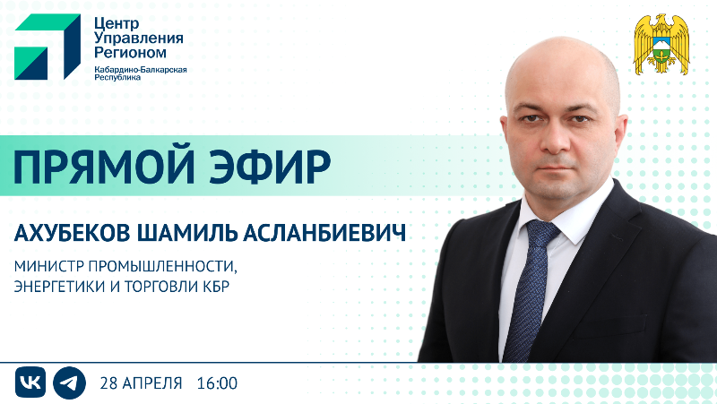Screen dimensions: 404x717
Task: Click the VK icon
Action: point(30,383)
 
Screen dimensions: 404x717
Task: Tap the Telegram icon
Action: point(68,383)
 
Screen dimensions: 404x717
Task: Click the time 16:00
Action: point(216,383)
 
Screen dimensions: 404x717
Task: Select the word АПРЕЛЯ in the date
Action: point(151,383)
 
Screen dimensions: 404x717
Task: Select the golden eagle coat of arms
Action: point(661,44)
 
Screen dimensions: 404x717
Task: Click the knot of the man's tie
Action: point(541,233)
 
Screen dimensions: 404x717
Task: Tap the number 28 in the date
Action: point(111,383)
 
